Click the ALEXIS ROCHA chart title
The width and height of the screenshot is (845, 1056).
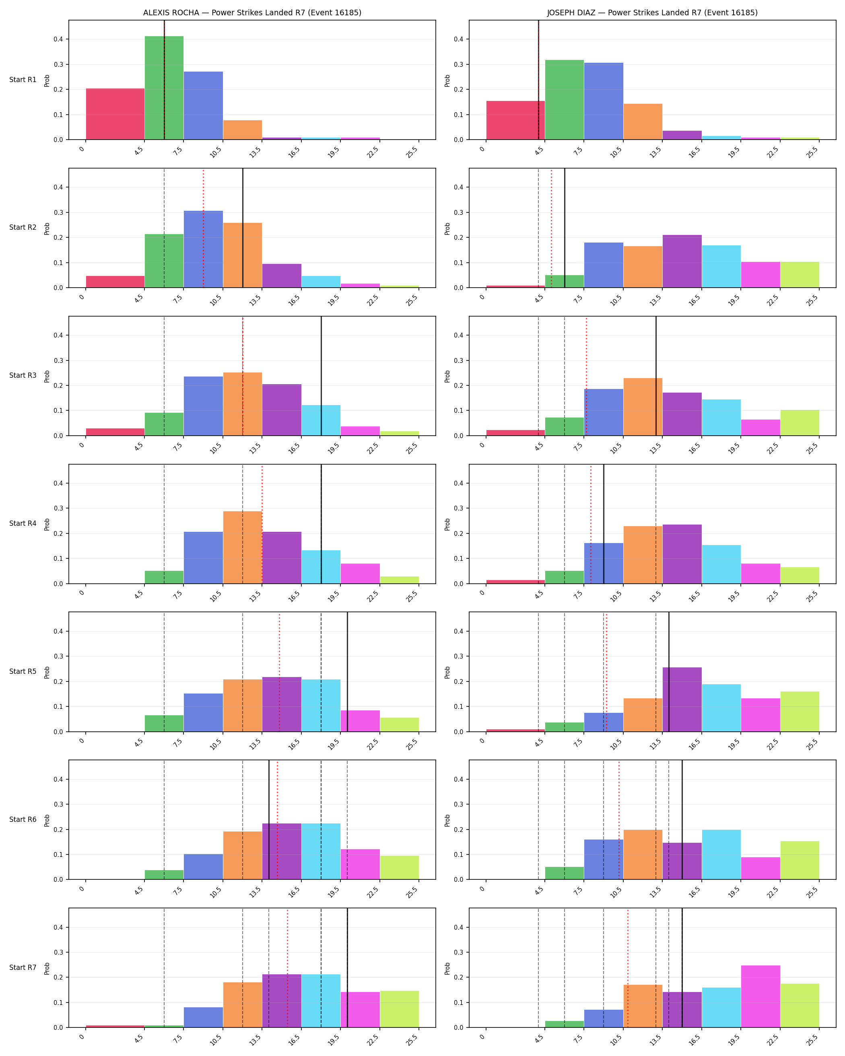pos(252,13)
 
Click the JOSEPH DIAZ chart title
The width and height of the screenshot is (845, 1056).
pos(653,13)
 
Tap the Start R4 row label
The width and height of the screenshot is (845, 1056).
pos(23,524)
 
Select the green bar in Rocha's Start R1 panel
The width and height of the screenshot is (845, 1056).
pos(164,88)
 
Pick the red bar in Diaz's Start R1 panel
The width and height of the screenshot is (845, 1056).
pos(515,121)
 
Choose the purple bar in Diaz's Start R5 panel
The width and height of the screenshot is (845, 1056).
pos(682,700)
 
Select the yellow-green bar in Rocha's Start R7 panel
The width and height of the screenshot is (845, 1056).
pos(399,1009)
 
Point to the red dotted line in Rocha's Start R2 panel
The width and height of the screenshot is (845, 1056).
pos(203,228)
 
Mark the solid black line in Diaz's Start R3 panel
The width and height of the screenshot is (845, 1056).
pos(656,376)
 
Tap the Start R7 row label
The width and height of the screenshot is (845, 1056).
pos(23,967)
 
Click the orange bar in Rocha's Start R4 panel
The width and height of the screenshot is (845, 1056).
pos(243,548)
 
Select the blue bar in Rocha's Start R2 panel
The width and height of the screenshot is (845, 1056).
pos(203,249)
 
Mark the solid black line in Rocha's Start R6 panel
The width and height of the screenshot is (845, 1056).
pos(269,820)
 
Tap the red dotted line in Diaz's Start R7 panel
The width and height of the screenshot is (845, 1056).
pos(627,968)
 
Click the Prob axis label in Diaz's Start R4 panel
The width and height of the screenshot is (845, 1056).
pos(447,525)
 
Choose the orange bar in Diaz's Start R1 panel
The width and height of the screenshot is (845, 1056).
pos(643,122)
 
